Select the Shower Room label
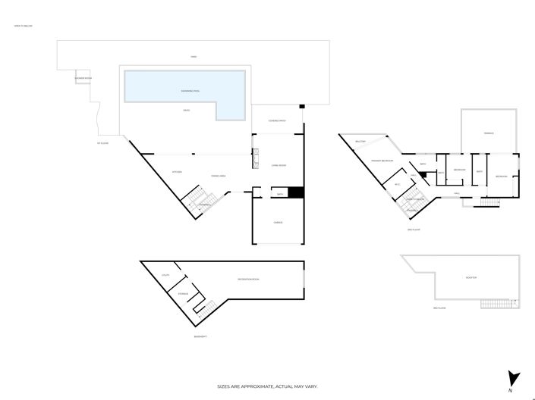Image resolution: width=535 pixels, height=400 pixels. point(83,79)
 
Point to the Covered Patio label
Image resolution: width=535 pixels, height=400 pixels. point(277,121)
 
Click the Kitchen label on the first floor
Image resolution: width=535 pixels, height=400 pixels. point(176,172)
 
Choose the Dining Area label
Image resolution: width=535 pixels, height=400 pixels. point(219,176)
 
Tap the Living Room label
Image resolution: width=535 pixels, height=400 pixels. point(279,165)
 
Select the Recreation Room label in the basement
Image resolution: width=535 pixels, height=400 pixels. point(248,280)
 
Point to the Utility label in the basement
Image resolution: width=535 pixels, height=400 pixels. point(165,276)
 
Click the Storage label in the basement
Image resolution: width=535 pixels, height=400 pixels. point(183,293)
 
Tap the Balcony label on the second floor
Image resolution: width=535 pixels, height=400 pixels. point(361,142)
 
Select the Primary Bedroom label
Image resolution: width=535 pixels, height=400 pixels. point(382,161)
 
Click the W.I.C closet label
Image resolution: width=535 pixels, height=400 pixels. point(397,184)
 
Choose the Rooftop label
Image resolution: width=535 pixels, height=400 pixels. point(471,278)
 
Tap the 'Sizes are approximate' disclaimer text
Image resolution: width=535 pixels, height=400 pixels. point(268,386)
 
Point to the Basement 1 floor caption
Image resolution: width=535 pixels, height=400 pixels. point(200,336)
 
